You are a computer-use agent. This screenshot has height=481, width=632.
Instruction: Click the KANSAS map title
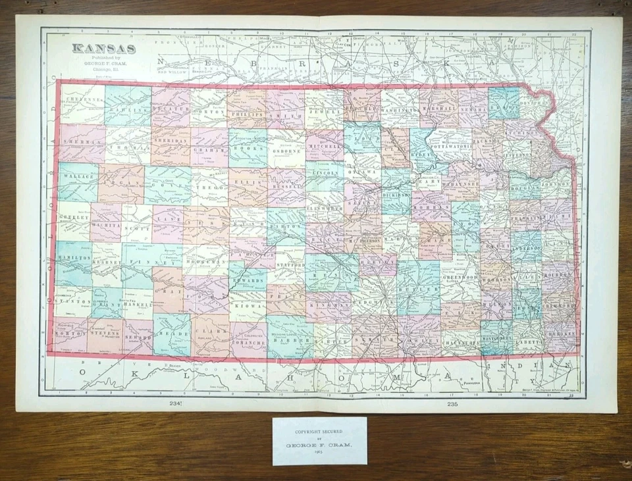click(103, 48)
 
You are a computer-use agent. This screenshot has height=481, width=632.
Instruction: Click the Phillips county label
click(247, 114)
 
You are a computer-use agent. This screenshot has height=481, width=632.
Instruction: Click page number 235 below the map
click(452, 403)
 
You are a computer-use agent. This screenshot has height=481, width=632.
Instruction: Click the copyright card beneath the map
click(320, 440)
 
